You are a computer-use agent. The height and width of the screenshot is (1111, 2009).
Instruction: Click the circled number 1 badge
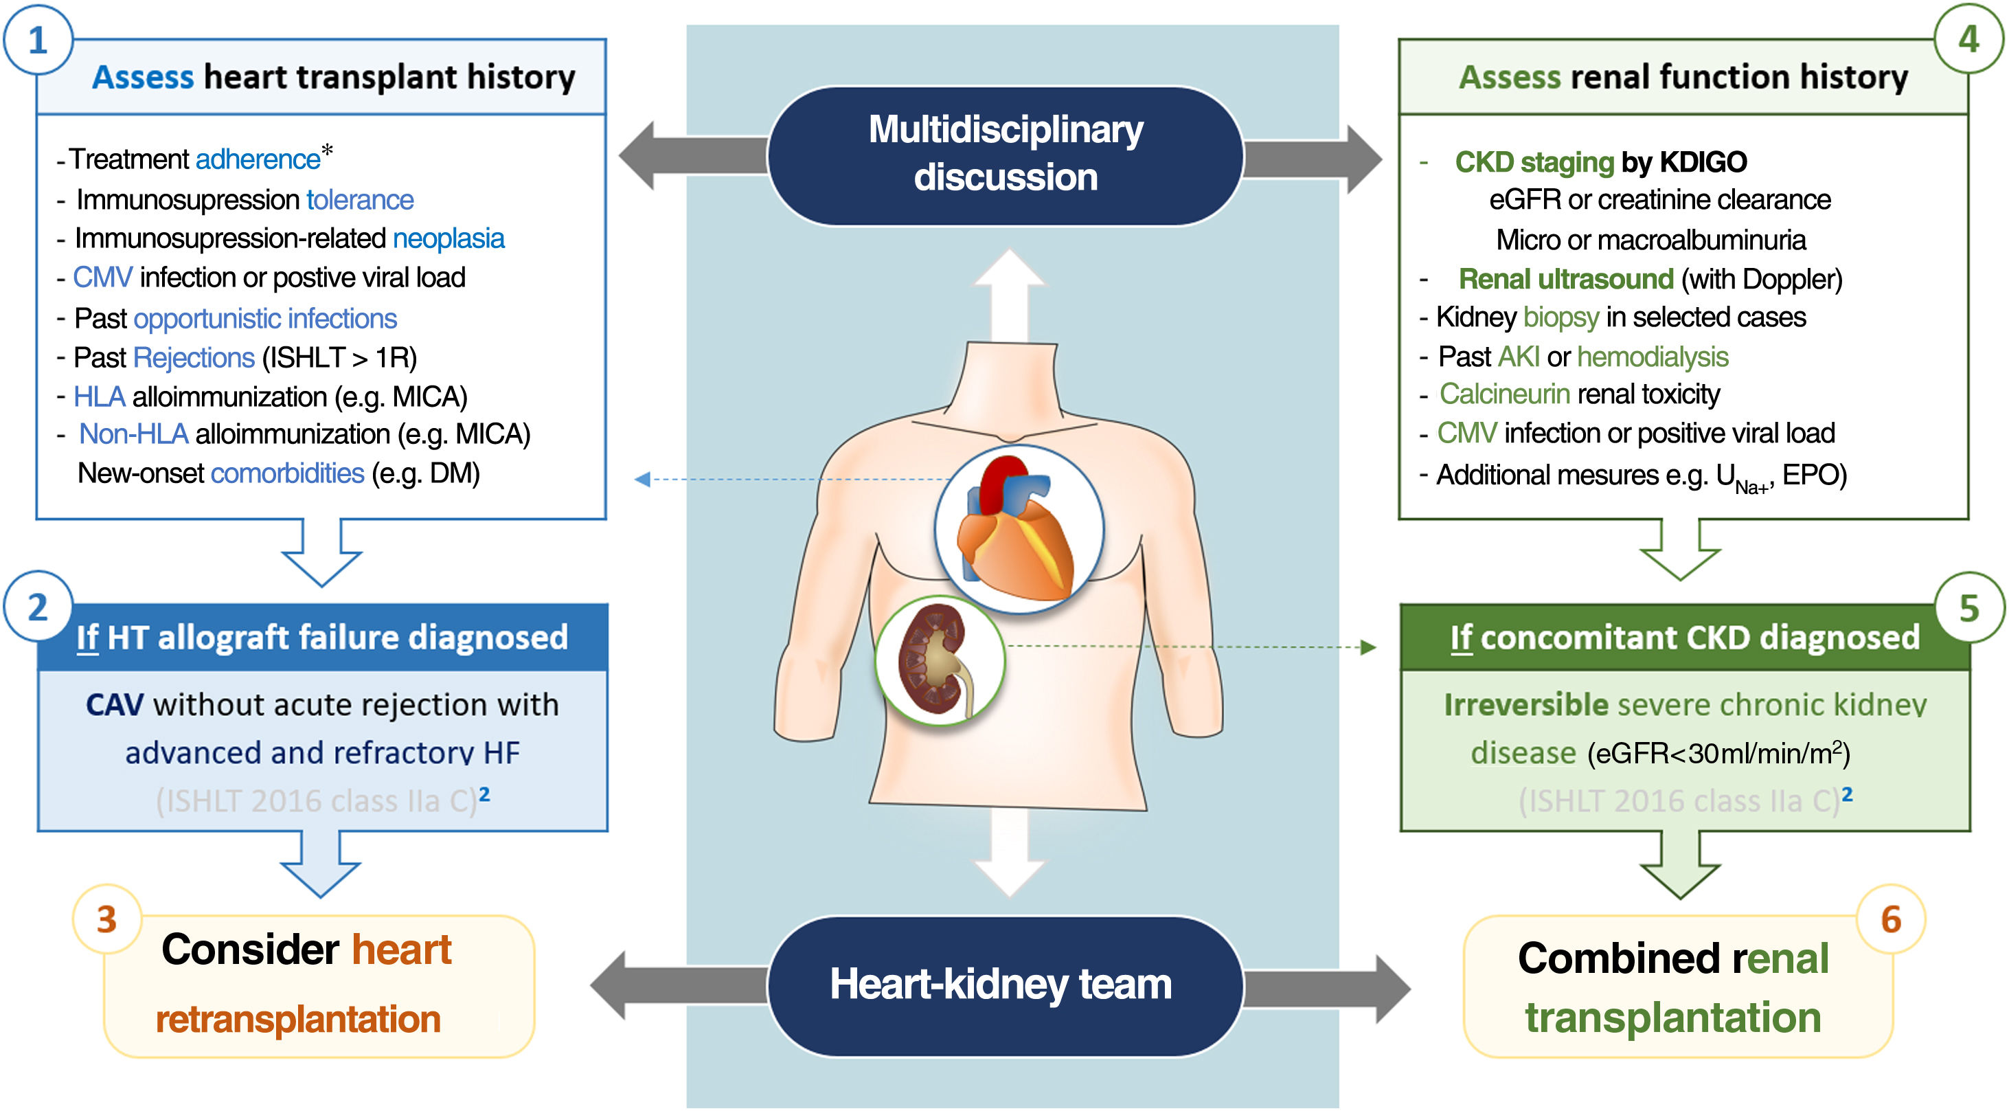(x=38, y=40)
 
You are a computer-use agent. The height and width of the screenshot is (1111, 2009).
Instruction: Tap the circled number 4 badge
(x=1968, y=39)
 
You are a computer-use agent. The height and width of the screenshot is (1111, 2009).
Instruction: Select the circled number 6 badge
(x=1890, y=919)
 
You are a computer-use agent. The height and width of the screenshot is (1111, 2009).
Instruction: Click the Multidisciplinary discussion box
(x=1006, y=155)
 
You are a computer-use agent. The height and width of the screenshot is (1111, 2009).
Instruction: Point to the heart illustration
(x=1019, y=530)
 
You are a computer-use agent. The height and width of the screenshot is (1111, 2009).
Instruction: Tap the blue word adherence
(x=258, y=159)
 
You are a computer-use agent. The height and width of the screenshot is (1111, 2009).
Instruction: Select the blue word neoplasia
(x=449, y=238)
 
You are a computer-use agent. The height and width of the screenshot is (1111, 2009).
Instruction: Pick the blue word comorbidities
(x=287, y=473)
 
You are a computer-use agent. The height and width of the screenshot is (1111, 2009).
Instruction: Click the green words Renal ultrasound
(x=1565, y=278)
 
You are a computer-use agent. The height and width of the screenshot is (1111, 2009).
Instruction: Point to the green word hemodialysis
(x=1652, y=357)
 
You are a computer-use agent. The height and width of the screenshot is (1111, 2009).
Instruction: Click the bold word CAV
(x=115, y=704)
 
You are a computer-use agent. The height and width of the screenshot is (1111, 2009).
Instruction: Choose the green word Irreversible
(x=1525, y=704)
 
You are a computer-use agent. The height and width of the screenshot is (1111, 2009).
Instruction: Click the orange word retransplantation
(x=298, y=1019)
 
